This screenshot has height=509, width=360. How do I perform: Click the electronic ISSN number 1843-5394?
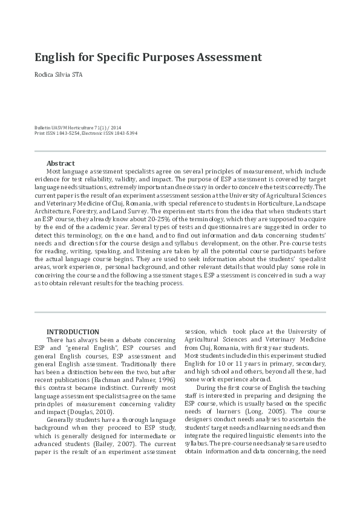[x=125, y=133]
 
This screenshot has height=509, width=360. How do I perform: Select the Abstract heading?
[x=61, y=163]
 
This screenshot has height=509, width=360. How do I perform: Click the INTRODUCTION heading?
[x=73, y=332]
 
